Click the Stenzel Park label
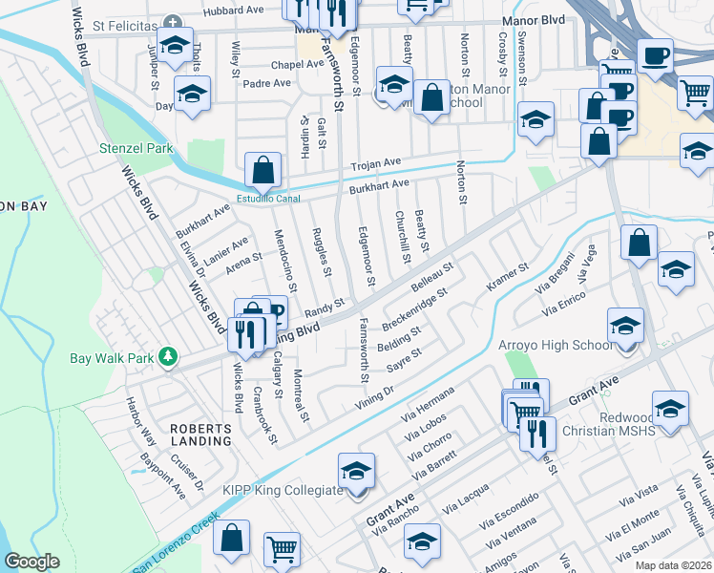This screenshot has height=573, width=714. [x=136, y=149]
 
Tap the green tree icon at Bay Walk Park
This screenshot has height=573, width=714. [x=168, y=356]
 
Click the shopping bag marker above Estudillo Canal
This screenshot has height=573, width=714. [x=262, y=170]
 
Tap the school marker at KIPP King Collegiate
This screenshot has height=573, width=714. [x=356, y=472]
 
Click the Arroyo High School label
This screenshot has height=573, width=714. [x=555, y=345]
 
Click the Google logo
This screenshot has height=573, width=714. [x=32, y=562]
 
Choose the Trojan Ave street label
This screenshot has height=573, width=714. [x=376, y=164]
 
